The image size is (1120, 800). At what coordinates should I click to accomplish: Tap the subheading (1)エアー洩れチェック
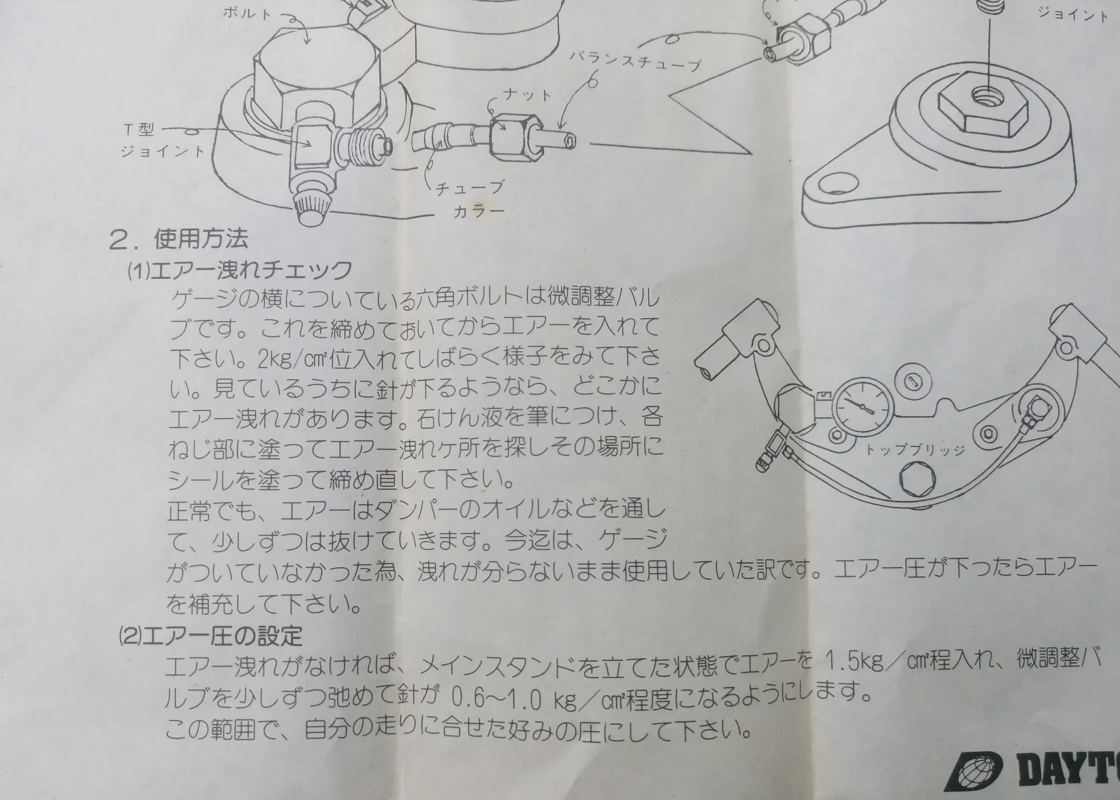click(x=240, y=270)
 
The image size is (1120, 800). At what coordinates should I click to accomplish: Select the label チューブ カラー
click(x=470, y=199)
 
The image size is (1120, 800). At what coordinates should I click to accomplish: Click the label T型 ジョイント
click(x=163, y=140)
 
